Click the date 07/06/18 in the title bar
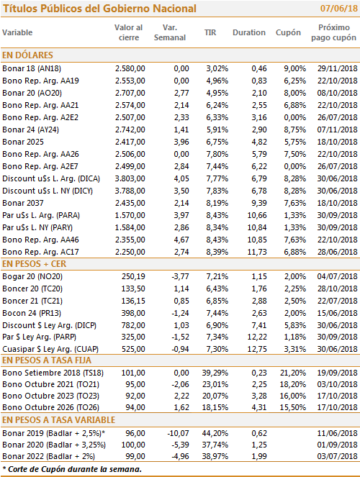click(x=338, y=8)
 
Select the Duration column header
click(x=249, y=32)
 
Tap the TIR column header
click(x=210, y=32)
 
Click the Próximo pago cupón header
click(x=333, y=32)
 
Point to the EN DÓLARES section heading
click(x=27, y=55)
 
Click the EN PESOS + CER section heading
click(x=34, y=264)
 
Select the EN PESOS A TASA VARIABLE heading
click(x=59, y=420)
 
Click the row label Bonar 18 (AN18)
click(x=32, y=68)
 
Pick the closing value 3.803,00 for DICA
click(x=130, y=178)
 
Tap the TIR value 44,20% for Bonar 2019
click(x=215, y=433)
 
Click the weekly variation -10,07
click(x=179, y=433)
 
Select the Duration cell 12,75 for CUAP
click(x=257, y=349)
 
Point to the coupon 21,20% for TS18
click(x=293, y=373)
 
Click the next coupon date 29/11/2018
click(x=337, y=68)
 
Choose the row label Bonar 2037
click(x=23, y=203)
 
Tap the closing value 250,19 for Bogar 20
click(x=133, y=276)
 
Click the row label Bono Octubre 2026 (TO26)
click(x=51, y=407)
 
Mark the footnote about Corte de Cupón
click(x=72, y=469)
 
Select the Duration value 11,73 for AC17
click(x=257, y=252)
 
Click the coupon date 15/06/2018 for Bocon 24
click(x=337, y=313)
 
